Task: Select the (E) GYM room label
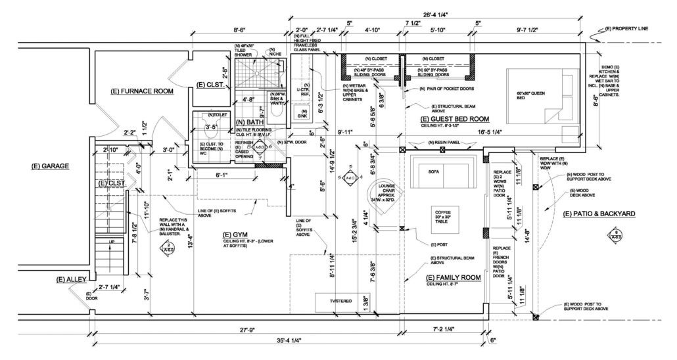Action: pyautogui.click(x=235, y=235)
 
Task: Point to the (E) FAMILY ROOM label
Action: pyautogui.click(x=454, y=278)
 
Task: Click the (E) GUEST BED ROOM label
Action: pyautogui.click(x=455, y=119)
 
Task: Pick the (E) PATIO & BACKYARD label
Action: pyautogui.click(x=599, y=214)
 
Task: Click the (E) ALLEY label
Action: pyautogui.click(x=70, y=280)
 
